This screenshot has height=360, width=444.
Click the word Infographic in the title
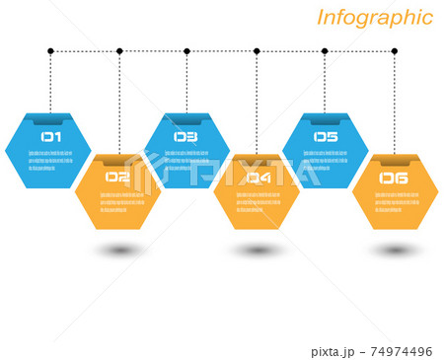pos(374,18)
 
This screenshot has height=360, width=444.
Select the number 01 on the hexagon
pos(50,138)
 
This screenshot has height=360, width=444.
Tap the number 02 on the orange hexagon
pos(117,178)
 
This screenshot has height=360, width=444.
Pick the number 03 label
pos(185,138)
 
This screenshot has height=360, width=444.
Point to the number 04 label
pos(258,178)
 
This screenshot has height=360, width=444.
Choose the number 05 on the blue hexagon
pos(326,138)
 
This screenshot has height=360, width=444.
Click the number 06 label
pos(394,178)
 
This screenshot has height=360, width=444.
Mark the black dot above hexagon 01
pos(50,50)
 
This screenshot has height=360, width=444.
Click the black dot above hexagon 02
pos(119,50)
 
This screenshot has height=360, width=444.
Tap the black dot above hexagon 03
pos(186,50)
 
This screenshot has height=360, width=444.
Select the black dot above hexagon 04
pos(257,50)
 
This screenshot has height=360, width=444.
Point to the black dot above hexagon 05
pos(325,50)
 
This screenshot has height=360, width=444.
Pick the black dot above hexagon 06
pos(395,50)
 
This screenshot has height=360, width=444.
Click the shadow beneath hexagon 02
pos(118,251)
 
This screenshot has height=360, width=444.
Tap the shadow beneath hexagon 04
pos(258,251)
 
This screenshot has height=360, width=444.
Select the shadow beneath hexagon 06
pos(396,251)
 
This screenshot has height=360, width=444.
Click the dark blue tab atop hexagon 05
pos(326,120)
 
